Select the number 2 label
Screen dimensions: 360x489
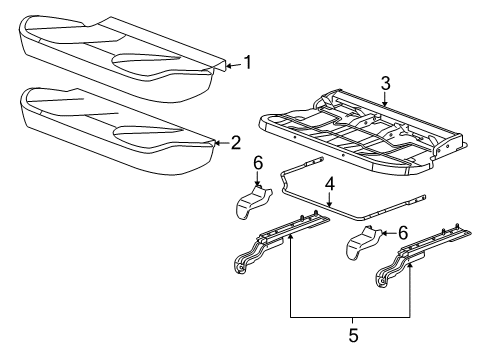coord(236,142)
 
